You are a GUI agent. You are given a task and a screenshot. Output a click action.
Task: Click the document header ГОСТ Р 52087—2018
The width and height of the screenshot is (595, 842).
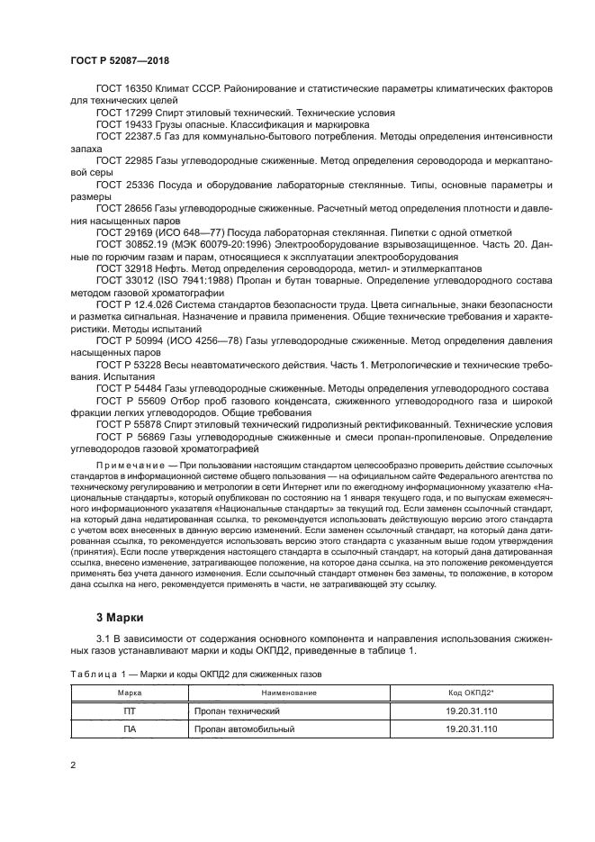click(119, 59)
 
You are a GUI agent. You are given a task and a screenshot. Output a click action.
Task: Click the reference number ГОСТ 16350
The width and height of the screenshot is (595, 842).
click(125, 90)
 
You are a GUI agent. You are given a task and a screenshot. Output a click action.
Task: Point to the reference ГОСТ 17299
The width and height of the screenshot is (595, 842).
click(125, 113)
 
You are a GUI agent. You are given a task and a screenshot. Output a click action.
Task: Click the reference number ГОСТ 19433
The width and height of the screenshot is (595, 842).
click(125, 125)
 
